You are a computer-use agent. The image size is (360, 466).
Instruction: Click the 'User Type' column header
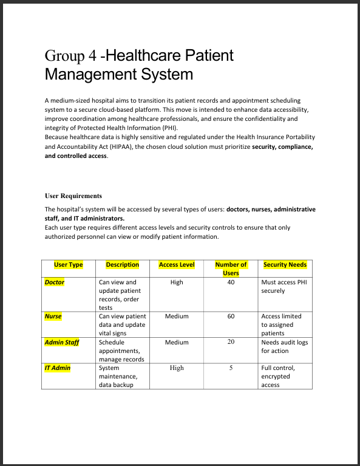69,265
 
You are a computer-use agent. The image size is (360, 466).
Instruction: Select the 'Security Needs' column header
285,265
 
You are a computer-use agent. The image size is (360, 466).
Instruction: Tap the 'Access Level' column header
177,265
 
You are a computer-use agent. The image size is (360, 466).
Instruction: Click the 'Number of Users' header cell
231,269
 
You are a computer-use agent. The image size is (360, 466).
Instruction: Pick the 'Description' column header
123,265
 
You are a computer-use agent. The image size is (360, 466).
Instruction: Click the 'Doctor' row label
55,283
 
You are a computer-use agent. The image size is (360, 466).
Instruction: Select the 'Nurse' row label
53,317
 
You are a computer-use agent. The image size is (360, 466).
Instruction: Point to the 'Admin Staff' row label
62,343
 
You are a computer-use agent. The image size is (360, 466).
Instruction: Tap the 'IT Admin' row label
58,368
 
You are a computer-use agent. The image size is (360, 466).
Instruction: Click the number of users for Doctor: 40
231,283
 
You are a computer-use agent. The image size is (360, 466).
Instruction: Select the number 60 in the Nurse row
231,317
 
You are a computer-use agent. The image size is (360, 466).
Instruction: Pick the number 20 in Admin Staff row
231,343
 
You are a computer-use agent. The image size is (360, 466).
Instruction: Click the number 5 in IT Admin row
231,368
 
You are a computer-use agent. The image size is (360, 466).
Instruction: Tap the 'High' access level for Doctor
177,283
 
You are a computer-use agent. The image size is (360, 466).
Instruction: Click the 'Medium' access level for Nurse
177,317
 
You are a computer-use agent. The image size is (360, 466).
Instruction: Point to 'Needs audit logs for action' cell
284,346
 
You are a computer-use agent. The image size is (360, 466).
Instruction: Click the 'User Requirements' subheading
73,196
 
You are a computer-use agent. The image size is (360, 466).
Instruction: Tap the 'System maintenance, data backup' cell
118,377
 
